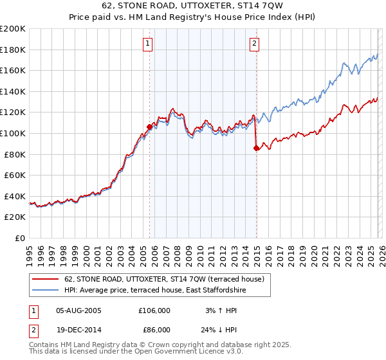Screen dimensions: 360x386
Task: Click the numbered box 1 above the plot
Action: click(148, 44)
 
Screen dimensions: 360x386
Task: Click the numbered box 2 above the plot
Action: click(255, 44)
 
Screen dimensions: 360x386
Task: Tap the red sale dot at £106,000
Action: click(149, 127)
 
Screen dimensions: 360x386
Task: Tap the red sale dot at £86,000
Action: click(256, 148)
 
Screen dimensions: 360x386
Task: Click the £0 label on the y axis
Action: click(20, 238)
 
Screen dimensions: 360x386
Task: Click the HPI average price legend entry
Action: click(154, 291)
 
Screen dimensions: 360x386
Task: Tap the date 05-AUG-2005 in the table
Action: click(78, 310)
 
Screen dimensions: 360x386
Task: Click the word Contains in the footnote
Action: click(44, 346)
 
